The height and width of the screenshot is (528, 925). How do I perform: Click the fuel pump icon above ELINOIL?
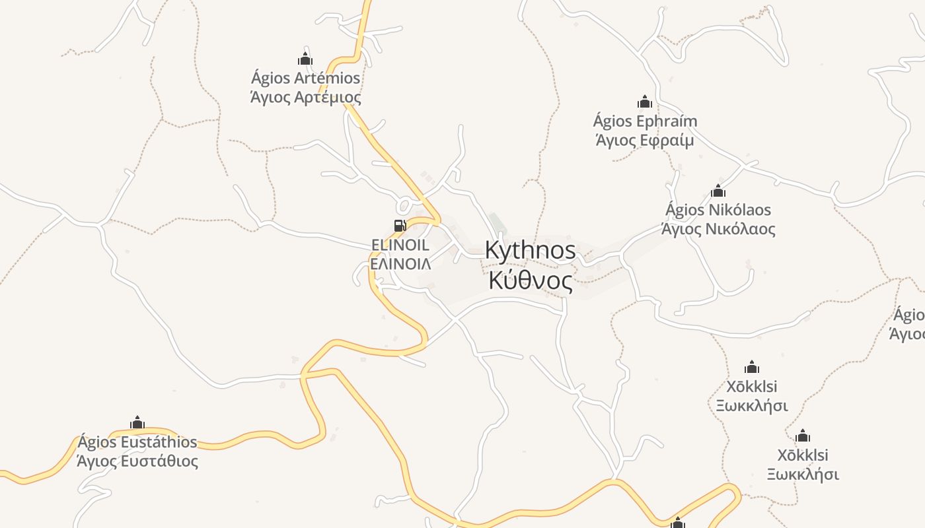400,226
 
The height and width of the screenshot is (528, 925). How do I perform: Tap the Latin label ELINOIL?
400,245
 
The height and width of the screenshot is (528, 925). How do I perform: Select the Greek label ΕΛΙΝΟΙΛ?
400,264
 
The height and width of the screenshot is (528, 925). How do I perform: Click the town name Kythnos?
530,251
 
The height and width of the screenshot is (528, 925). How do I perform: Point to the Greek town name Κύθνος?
530,280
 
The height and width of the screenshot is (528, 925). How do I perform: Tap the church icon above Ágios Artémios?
305,59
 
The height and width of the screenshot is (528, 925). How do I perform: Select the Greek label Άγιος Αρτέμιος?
305,98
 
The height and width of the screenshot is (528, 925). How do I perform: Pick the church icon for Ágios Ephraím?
645,102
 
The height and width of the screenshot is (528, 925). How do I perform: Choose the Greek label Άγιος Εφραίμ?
645,141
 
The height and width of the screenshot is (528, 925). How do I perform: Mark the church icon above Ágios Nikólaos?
718,191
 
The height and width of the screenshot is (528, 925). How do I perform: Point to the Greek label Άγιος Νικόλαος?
718,229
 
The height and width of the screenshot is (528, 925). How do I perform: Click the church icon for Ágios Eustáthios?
137,422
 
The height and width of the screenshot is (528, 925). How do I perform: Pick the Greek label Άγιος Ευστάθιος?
137,461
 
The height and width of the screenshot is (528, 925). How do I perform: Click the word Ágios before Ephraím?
612,121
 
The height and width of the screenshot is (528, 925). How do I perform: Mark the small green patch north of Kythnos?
497,221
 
